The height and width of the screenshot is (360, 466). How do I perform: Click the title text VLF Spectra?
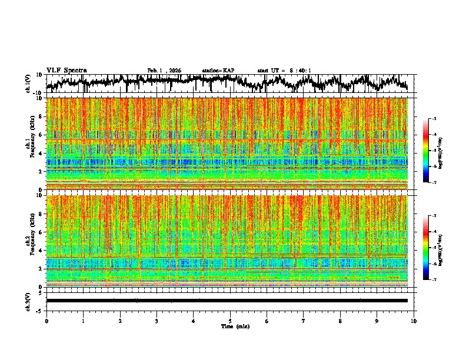pos(66,70)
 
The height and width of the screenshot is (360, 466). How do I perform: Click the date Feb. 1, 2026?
pos(164,71)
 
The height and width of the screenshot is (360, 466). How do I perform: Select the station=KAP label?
pos(218,71)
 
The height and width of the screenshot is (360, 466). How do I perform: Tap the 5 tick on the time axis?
pos(230,321)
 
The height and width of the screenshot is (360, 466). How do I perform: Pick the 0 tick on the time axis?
pos(46,321)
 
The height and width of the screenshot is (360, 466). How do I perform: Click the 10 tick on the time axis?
pos(414,321)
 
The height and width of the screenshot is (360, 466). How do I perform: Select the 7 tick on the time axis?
pos(304,321)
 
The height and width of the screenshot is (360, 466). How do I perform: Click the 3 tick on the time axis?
pos(157,321)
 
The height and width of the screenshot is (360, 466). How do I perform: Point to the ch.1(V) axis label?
pos(28,84)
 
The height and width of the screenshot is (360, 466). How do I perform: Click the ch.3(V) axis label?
pos(28,300)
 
